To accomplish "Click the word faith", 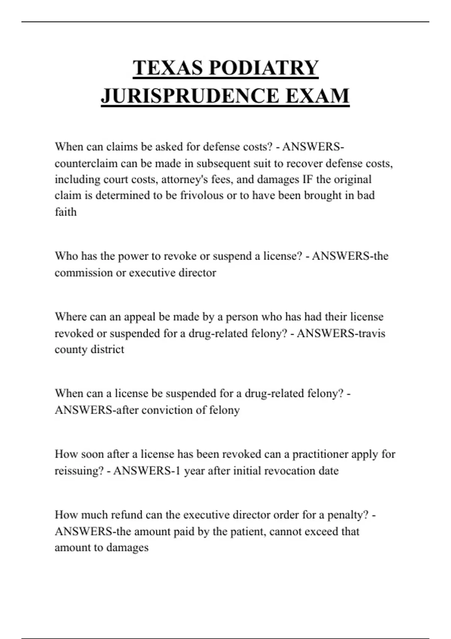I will point(66,212).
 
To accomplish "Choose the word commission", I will point(83,273).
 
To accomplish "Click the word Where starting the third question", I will point(71,317).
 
